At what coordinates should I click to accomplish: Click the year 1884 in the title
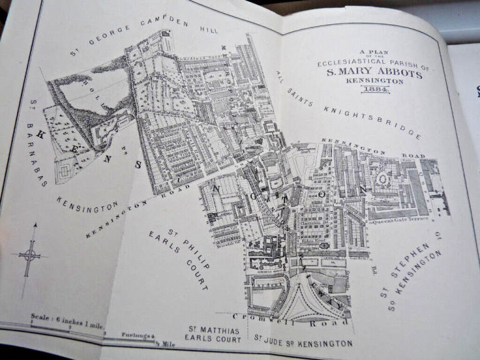pyautogui.click(x=375, y=91)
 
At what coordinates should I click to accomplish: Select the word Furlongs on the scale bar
pyautogui.click(x=135, y=336)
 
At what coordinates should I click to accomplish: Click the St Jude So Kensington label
pyautogui.click(x=302, y=342)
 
